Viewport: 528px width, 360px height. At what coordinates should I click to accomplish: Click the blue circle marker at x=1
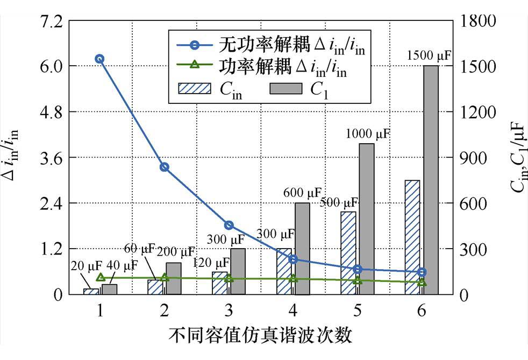point(100,59)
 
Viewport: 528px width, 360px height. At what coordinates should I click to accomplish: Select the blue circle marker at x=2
point(165,167)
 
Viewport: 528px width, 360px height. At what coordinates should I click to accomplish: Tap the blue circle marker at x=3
point(229,225)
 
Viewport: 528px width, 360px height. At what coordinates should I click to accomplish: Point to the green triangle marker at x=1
point(100,277)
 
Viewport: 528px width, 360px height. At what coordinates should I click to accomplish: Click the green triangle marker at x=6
point(422,282)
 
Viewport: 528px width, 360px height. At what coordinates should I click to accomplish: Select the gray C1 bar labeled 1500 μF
point(431,180)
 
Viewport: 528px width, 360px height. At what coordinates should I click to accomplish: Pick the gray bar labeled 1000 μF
point(366,219)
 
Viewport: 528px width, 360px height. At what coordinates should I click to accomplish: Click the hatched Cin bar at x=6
point(412,237)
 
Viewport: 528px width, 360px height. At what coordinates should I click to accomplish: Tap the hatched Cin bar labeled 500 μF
point(348,253)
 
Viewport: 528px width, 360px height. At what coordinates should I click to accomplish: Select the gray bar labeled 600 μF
point(302,249)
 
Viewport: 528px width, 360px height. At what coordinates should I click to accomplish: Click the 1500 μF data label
point(429,55)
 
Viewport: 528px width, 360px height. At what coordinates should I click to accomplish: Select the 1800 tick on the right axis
point(476,21)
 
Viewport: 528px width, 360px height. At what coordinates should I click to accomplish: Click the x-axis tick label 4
point(293,310)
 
